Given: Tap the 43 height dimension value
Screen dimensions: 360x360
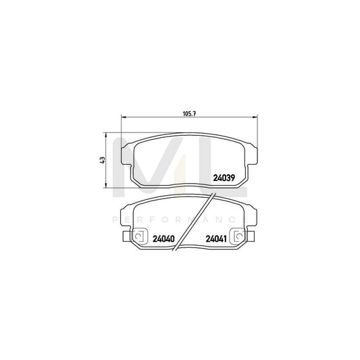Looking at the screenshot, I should (x=101, y=159).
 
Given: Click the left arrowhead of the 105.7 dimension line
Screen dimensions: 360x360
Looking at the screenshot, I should (x=122, y=118).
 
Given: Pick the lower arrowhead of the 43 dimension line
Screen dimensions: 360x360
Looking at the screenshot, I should (x=107, y=186).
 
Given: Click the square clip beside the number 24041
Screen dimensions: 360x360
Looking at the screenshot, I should (x=238, y=237).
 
